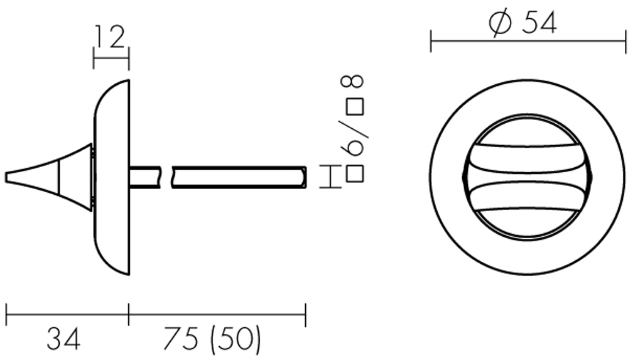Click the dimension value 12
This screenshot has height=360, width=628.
[x=111, y=38]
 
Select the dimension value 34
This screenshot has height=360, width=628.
[x=63, y=340]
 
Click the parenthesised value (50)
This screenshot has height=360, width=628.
[x=235, y=340]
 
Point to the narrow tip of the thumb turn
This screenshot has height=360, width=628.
[x=9, y=177]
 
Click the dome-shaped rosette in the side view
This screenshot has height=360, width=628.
[x=111, y=177]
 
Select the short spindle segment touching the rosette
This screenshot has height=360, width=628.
[x=146, y=177]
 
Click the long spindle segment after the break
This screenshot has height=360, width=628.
[x=239, y=177]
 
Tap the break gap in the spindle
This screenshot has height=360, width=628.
[x=168, y=177]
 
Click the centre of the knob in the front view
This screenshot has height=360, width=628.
[x=528, y=177]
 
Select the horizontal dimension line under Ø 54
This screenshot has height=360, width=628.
[x=528, y=43]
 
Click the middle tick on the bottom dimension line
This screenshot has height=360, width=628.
[x=129, y=314]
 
